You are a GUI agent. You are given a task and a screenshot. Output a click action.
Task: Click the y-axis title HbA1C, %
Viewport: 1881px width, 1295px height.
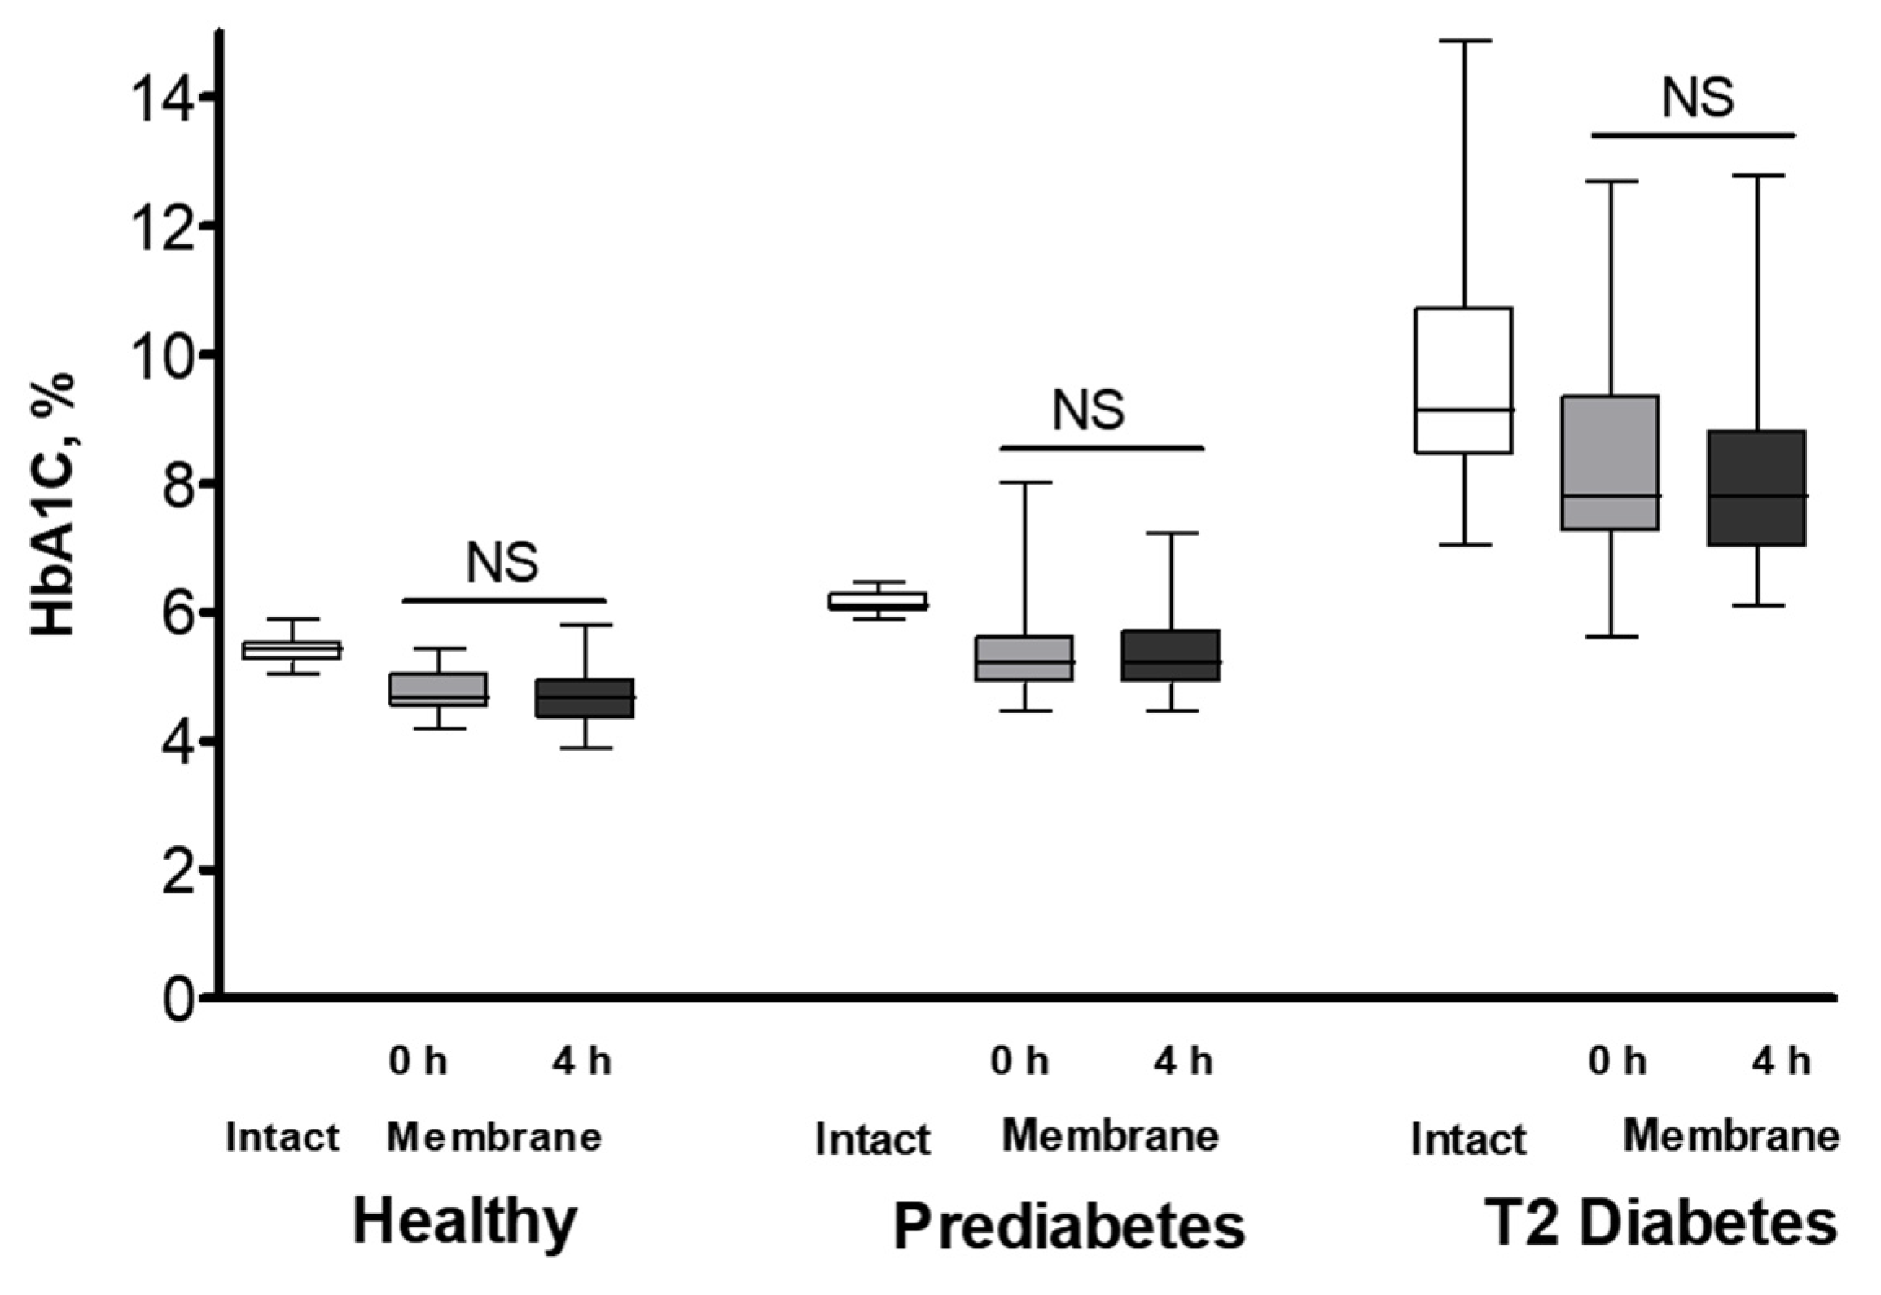pyautogui.click(x=54, y=505)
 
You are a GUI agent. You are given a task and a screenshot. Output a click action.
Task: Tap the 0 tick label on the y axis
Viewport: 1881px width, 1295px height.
pyautogui.click(x=178, y=999)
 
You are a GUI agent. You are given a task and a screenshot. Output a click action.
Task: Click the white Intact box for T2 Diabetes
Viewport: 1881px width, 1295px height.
pyautogui.click(x=1464, y=380)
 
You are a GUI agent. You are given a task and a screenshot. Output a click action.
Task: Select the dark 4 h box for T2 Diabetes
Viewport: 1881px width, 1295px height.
pyautogui.click(x=1756, y=487)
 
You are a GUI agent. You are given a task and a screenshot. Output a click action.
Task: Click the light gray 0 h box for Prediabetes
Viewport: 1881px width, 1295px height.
pyautogui.click(x=1024, y=658)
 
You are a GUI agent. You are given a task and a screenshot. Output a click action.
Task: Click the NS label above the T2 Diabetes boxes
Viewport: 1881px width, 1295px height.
pyautogui.click(x=1697, y=99)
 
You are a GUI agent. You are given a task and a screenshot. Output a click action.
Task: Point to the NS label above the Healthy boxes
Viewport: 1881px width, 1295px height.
pyautogui.click(x=502, y=563)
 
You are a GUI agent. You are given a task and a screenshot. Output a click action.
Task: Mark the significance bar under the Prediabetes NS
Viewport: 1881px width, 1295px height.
pyautogui.click(x=1102, y=447)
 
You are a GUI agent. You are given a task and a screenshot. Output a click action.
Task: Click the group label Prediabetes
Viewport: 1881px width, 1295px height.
pyautogui.click(x=1069, y=1226)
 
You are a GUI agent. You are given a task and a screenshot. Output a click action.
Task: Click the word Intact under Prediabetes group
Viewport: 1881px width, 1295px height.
pyautogui.click(x=872, y=1139)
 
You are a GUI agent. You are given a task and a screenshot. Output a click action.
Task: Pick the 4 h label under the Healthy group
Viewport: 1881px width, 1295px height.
pyautogui.click(x=581, y=1061)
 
